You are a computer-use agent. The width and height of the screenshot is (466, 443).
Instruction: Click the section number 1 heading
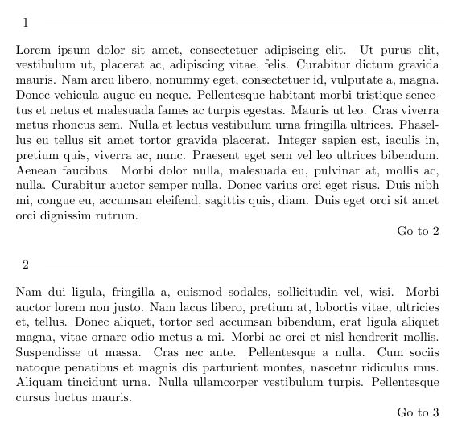click(26, 23)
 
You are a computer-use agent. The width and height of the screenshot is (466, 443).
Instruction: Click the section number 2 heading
click(26, 265)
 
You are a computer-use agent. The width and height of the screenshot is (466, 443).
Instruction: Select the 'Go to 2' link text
click(418, 232)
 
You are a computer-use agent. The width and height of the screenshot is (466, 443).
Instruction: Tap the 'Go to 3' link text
click(418, 413)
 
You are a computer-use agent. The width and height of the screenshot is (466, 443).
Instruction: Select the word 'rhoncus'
click(71, 125)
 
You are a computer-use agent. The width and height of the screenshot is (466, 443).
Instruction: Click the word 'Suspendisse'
click(49, 352)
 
